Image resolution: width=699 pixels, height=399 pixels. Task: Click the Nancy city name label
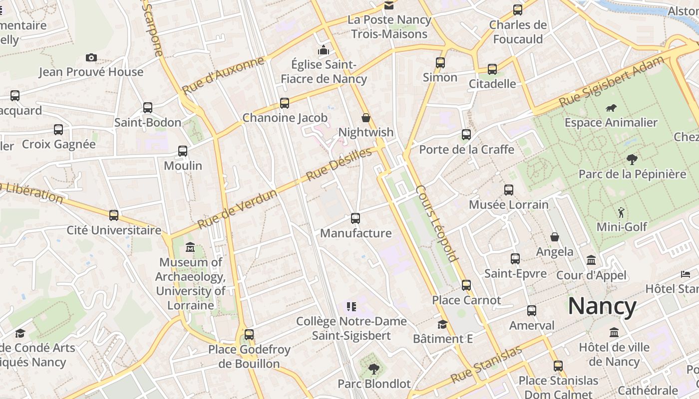(x=602, y=306)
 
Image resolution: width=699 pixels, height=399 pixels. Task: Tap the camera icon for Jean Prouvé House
(x=91, y=58)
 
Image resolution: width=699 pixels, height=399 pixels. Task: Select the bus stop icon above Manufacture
(x=355, y=218)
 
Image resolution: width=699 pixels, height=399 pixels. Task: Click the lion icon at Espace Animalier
(x=611, y=108)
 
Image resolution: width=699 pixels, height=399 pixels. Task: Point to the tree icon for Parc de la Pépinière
(x=632, y=160)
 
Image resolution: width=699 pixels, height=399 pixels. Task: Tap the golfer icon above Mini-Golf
(x=621, y=212)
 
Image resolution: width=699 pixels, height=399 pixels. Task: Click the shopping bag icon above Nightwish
(x=366, y=118)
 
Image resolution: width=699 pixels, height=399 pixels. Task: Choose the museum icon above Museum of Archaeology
(x=190, y=247)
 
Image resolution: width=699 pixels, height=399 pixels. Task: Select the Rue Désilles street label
(x=339, y=164)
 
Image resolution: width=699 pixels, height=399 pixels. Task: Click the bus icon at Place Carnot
(x=466, y=285)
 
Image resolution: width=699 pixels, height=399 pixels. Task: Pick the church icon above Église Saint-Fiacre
(x=324, y=50)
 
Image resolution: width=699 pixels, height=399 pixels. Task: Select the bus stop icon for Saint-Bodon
(x=148, y=108)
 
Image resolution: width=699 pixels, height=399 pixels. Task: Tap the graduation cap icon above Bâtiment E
(x=442, y=325)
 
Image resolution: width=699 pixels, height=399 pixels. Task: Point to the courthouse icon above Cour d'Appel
(x=591, y=260)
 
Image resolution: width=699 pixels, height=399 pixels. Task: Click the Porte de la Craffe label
(x=466, y=149)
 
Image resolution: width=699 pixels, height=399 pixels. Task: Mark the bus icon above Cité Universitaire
(x=114, y=215)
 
